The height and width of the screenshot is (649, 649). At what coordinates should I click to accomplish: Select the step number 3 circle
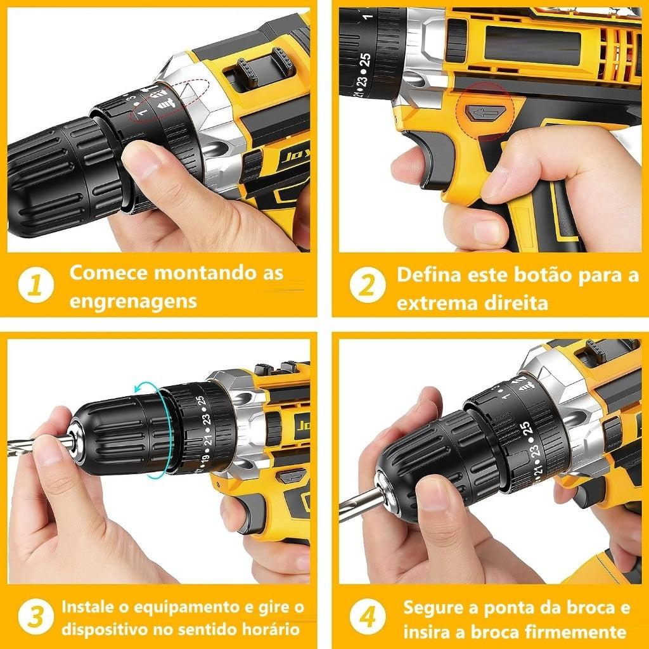tap(36, 616)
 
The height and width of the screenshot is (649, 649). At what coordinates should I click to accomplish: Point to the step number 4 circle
tap(368, 616)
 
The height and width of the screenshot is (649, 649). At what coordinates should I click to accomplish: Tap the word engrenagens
tap(133, 302)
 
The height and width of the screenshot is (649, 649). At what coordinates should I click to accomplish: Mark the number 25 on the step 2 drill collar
tap(365, 60)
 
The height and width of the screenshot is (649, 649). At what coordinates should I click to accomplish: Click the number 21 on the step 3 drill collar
tap(207, 439)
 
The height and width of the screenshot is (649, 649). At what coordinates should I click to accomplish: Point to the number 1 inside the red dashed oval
tap(142, 112)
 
